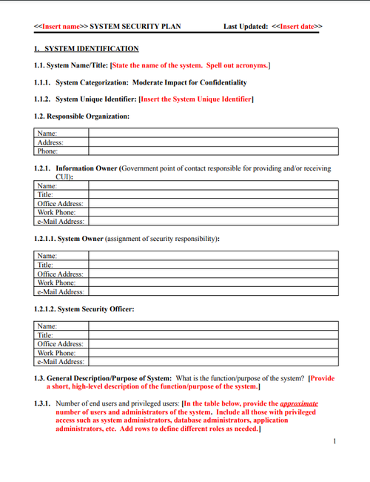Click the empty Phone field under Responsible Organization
coord(213,151)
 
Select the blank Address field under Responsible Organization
coord(213,142)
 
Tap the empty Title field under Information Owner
coord(213,194)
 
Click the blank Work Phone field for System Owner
coord(213,283)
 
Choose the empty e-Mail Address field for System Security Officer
coord(213,362)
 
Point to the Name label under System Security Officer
coord(47,326)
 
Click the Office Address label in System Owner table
coord(60,274)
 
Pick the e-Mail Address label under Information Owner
coord(61,221)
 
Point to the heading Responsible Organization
coord(88,116)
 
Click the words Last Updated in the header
coord(246,27)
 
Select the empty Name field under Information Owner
coord(213,185)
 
